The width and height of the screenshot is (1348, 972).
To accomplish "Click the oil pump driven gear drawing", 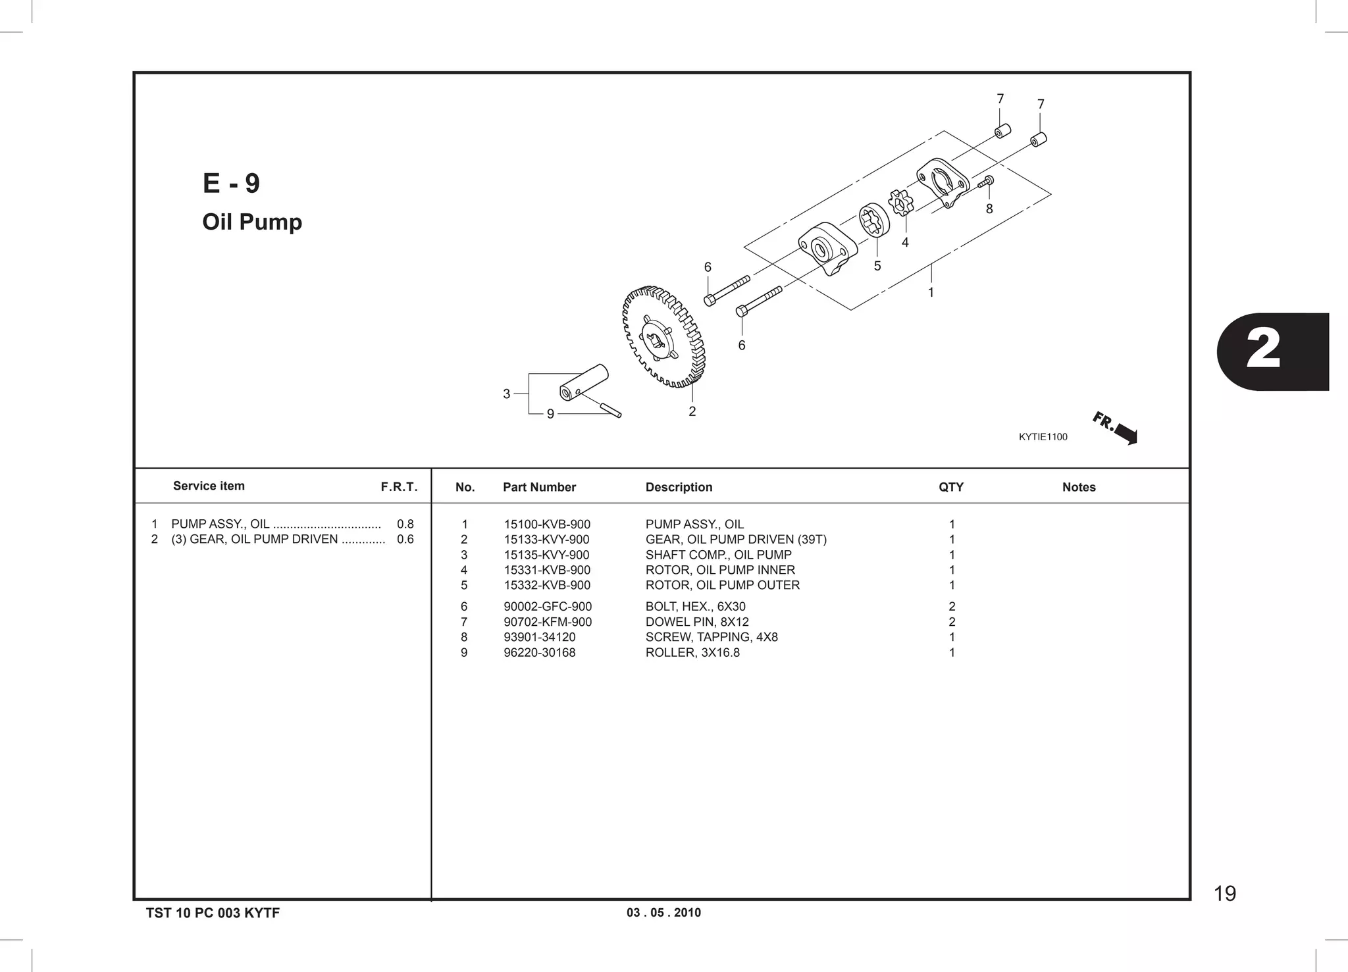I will [663, 337].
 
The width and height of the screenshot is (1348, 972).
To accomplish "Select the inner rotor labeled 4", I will [900, 202].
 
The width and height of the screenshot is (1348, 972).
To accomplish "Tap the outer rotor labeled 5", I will [874, 222].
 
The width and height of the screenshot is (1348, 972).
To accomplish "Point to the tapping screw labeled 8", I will [987, 182].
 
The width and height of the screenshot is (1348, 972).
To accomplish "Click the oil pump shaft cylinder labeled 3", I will [583, 382].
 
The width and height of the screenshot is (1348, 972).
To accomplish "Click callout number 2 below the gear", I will [692, 411].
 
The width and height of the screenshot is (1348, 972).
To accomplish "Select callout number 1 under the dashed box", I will [931, 292].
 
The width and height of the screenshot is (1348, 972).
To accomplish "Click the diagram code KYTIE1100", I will [1043, 437].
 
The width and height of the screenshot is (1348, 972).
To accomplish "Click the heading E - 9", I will [231, 183].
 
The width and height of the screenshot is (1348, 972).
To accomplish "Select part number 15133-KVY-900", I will [546, 540].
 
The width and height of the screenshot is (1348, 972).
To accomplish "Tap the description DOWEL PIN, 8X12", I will [696, 622].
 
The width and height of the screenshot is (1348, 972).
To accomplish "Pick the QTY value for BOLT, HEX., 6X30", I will [951, 607].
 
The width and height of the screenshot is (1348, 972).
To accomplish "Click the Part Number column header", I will [539, 487].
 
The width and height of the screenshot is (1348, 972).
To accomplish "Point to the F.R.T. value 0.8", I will [405, 524].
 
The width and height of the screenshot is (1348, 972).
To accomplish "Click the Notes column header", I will [1078, 487].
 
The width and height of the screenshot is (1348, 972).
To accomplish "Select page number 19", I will [1224, 894].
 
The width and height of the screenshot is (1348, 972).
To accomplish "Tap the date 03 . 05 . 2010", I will [663, 913].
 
